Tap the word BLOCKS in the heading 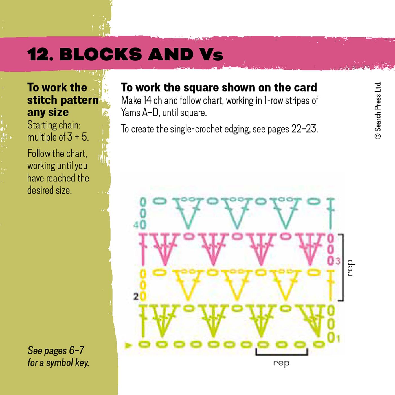(x=100, y=54)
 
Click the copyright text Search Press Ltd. (x=378, y=110)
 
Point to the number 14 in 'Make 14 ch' (x=147, y=100)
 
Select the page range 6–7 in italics (x=77, y=350)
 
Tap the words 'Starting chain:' (x=54, y=125)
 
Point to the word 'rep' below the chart (x=281, y=363)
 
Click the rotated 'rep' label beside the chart (x=350, y=268)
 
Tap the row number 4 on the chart (x=136, y=225)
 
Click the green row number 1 (x=338, y=338)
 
